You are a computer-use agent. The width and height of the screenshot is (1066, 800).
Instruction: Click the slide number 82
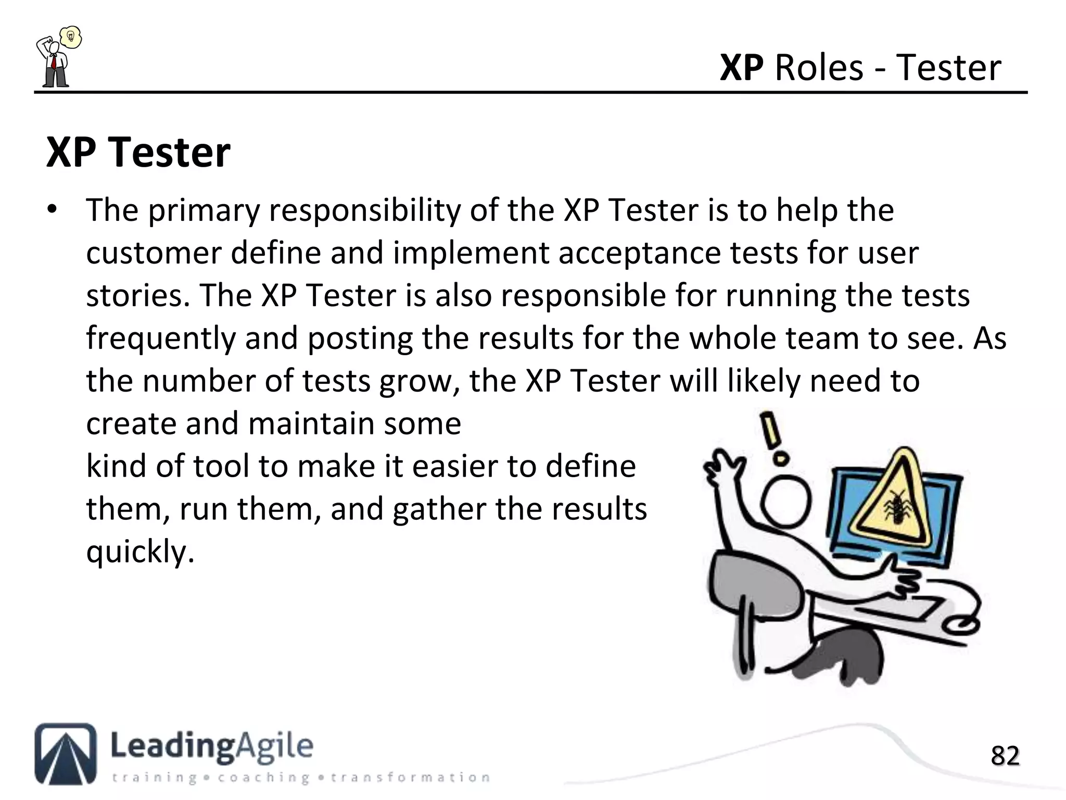[1005, 756]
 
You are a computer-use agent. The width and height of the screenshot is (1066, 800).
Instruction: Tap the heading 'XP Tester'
[138, 153]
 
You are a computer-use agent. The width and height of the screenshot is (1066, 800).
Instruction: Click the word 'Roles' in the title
[819, 68]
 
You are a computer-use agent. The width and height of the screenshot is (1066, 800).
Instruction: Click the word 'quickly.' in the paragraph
[140, 552]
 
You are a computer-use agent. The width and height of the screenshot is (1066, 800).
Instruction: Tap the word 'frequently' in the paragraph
[161, 339]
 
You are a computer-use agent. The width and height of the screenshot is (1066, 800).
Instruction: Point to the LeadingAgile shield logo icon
[66, 753]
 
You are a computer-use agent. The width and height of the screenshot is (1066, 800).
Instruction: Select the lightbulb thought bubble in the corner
[71, 37]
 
